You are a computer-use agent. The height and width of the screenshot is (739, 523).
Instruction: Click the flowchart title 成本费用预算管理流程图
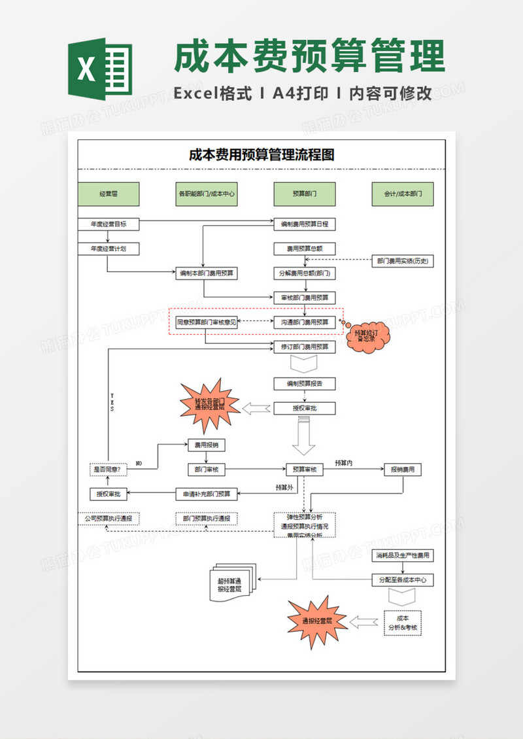coord(261,155)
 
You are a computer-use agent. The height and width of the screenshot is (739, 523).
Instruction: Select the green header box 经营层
coord(109,194)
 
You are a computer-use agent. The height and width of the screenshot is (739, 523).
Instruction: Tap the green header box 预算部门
coord(305,194)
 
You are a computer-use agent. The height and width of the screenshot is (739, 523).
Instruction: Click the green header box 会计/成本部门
coord(403,194)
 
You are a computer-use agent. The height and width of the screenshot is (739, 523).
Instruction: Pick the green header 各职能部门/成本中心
coord(207,194)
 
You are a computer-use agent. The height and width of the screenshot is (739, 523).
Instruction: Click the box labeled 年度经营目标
coord(109,224)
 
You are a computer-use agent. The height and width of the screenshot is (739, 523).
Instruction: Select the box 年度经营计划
coord(109,249)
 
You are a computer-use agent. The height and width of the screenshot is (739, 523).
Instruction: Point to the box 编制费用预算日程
coord(305,224)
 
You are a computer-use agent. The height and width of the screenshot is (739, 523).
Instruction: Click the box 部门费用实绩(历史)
coord(403,260)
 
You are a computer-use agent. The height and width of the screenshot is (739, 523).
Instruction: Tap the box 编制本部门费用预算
coord(207,273)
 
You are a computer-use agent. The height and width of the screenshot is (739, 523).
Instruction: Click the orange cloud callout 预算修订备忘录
coord(367,336)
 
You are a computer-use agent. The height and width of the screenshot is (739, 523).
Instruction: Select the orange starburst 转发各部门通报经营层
coord(209,404)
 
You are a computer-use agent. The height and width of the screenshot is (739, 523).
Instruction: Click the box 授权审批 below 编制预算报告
coord(305,408)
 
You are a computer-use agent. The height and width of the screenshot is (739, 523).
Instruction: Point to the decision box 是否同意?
coord(109,470)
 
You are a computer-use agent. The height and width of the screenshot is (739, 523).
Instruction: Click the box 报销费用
coord(403,470)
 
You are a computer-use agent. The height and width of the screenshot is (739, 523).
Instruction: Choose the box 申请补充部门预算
coord(207,494)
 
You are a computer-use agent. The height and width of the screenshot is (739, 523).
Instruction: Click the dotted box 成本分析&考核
coord(403,623)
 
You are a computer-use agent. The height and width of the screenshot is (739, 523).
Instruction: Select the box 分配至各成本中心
coord(403,579)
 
